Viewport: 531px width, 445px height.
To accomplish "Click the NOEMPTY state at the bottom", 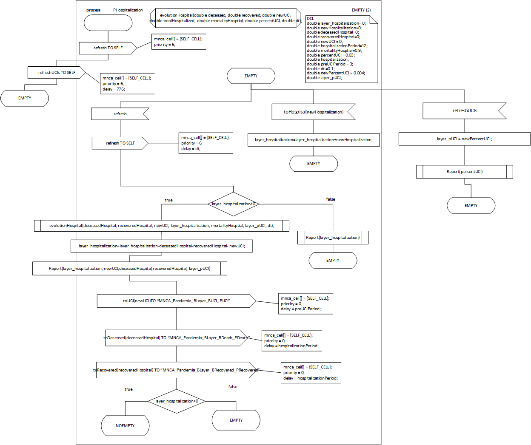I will click(x=125, y=426).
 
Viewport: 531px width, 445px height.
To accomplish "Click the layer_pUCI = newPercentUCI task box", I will click(x=464, y=139).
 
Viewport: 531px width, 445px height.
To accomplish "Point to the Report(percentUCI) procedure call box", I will click(x=464, y=172).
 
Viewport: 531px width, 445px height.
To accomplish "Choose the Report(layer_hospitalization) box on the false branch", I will click(x=333, y=238).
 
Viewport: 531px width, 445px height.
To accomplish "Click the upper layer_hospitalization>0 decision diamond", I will click(x=234, y=204).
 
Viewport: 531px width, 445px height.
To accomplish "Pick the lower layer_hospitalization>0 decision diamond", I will click(x=177, y=401).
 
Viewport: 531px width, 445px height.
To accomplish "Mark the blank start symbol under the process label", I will click(x=108, y=23).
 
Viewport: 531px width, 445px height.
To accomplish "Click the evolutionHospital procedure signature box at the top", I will click(x=226, y=18).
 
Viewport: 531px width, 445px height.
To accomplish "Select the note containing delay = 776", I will click(x=127, y=84).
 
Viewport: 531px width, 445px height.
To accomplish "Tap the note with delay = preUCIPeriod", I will click(x=305, y=303).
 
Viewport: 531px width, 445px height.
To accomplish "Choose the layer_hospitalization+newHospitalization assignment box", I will click(x=314, y=140).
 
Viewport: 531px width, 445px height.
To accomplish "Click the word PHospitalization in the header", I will click(x=128, y=10).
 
